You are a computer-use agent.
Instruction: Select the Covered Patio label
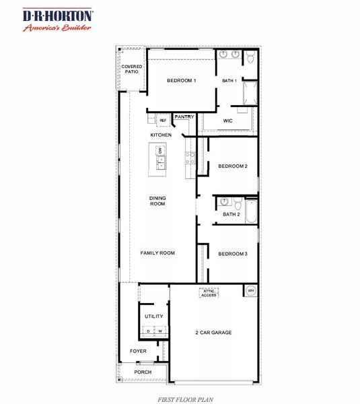131,69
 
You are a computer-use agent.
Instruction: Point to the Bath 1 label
229,81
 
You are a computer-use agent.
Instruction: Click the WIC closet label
227,121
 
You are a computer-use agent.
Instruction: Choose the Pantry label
184,117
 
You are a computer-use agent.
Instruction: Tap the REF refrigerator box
163,121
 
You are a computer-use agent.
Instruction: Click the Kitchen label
161,135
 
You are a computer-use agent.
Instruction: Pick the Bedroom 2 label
233,166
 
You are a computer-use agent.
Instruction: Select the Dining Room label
157,201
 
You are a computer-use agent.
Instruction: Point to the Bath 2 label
231,214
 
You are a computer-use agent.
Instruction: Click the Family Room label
157,253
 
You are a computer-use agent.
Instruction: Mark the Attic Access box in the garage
209,293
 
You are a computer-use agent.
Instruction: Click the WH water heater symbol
250,291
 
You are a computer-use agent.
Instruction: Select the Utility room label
154,316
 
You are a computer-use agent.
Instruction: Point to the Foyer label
138,351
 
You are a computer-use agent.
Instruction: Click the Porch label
143,372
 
